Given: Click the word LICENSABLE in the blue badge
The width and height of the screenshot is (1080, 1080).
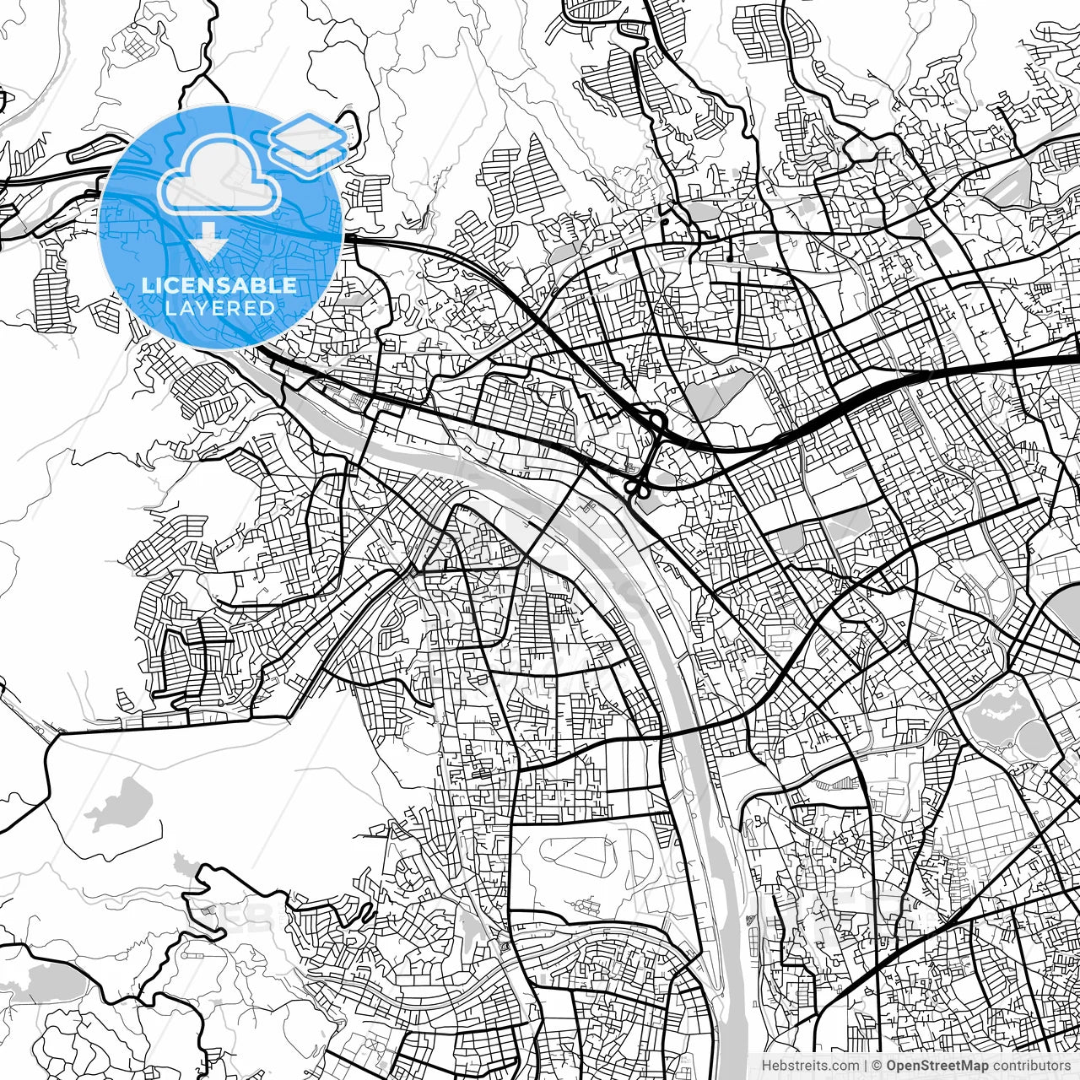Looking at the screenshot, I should pos(219,286).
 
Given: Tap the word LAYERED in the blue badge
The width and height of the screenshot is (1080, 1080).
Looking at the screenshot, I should pos(219,309).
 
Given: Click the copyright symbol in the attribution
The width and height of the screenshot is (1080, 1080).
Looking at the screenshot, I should pos(877,1066).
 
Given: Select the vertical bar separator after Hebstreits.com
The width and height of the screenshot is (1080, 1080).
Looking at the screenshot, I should pos(867,1066).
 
